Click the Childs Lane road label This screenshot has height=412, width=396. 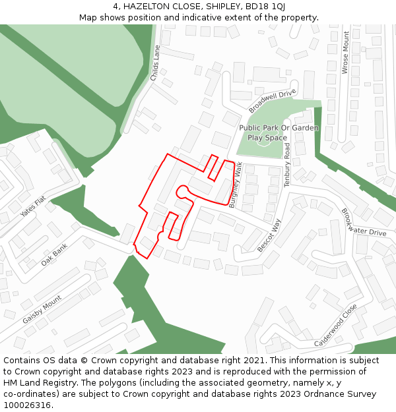click(x=156, y=63)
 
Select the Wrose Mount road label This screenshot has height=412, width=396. click(x=345, y=52)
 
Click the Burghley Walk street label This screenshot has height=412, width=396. click(x=236, y=185)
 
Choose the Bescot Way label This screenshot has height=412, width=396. click(x=269, y=235)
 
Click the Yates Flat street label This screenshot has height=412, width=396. click(x=33, y=207)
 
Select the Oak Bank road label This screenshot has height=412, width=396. click(x=55, y=254)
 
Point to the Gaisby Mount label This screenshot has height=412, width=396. click(x=42, y=310)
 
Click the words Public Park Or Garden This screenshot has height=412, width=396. click(x=279, y=128)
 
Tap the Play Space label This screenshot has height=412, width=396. click(x=267, y=138)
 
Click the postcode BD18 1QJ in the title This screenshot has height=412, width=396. click(x=265, y=6)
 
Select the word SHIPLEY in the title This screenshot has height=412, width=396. click(x=219, y=6)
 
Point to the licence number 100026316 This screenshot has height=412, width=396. click(x=26, y=405)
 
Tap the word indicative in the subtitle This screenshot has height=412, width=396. click(x=197, y=17)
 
